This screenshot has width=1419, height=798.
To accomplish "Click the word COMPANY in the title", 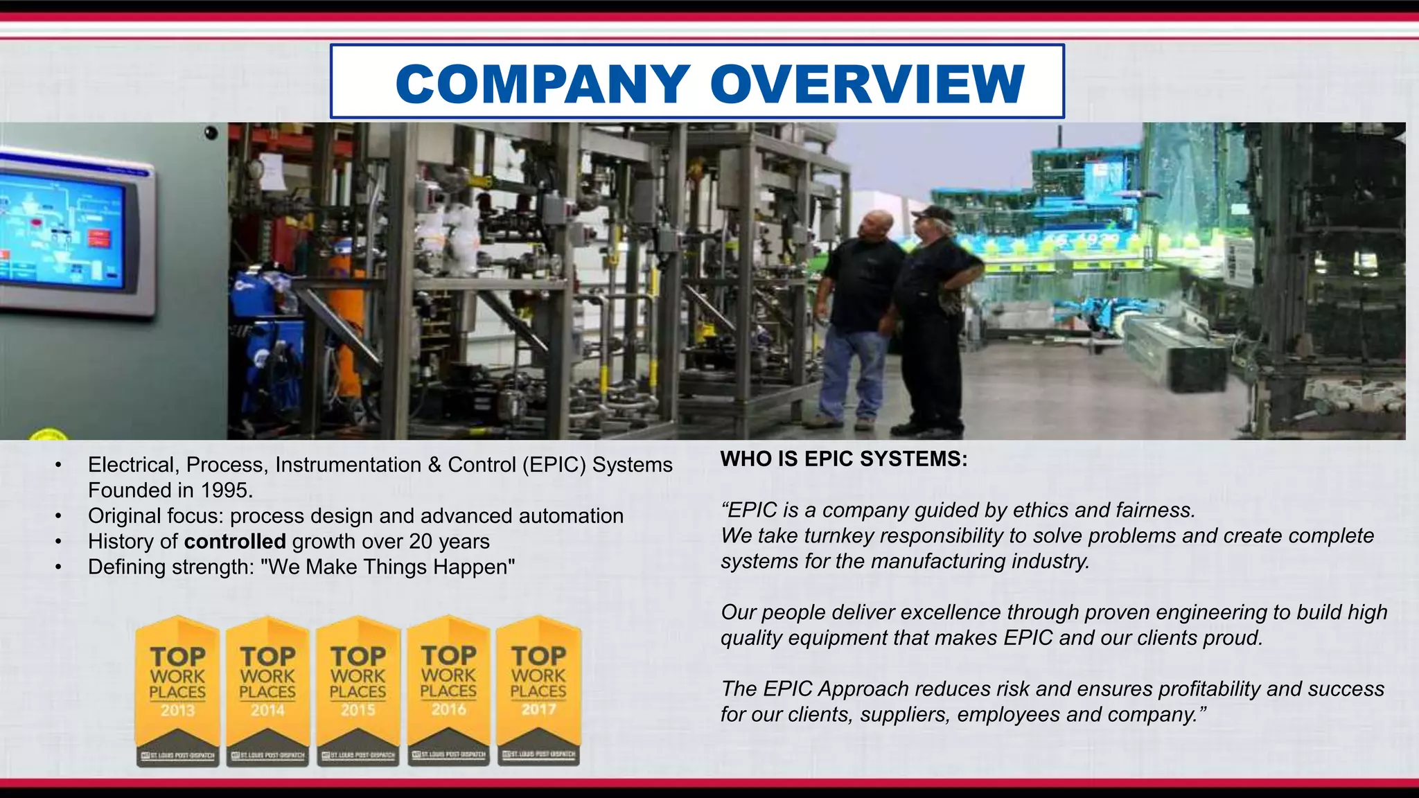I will click(x=543, y=85).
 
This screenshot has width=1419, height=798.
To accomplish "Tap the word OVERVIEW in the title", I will click(x=867, y=85).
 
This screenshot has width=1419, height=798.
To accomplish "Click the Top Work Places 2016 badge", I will click(x=448, y=690).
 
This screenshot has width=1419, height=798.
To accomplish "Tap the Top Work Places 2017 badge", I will click(x=538, y=690).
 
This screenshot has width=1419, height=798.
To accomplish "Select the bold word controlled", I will click(x=235, y=542).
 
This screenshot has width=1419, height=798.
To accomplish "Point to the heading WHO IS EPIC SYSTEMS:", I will click(x=844, y=459).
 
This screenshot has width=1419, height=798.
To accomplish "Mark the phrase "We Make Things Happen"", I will click(x=388, y=567).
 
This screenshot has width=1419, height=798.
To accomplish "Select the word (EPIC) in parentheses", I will click(x=554, y=465).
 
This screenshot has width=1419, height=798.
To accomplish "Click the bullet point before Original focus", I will click(x=59, y=517).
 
